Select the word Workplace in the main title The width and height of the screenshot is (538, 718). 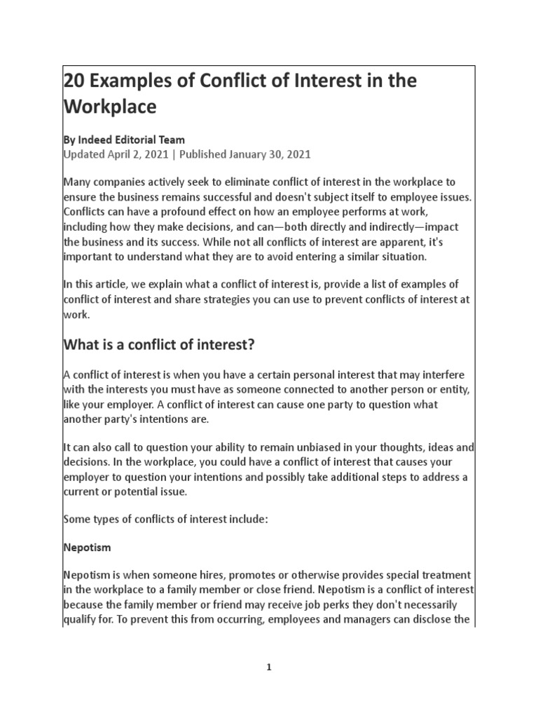pyautogui.click(x=109, y=109)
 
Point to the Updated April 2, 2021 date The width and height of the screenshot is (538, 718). pyautogui.click(x=116, y=154)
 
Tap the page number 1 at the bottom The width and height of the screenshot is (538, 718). pyautogui.click(x=268, y=668)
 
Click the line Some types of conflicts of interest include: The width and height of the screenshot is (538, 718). pyautogui.click(x=163, y=519)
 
